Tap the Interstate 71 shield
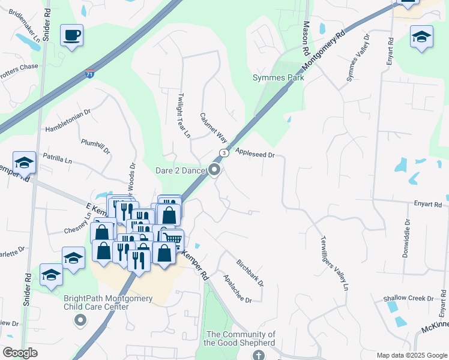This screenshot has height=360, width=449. click(x=89, y=73)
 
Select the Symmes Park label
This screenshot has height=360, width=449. click(x=278, y=77)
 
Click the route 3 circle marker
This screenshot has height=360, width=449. click(x=224, y=153)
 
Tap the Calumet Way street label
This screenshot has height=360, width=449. click(x=214, y=127)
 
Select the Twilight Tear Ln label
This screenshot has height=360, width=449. click(x=182, y=114)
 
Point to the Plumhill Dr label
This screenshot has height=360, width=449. click(x=96, y=147)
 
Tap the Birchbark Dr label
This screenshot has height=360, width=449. click(x=250, y=272)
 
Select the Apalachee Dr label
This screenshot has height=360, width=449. click(x=237, y=289)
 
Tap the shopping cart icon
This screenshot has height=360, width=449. click(x=174, y=239)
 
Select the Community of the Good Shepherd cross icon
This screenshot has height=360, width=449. click(x=258, y=355)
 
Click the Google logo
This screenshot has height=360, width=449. click(x=20, y=353)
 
